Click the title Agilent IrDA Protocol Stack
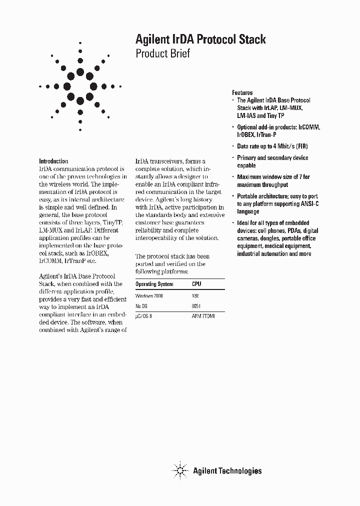tap(200, 39)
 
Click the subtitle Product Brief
tap(162, 54)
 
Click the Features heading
tap(242, 93)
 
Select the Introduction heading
tap(53, 161)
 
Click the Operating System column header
tap(154, 284)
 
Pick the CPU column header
tap(197, 284)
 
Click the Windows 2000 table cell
tap(149, 296)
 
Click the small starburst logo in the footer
tap(179, 470)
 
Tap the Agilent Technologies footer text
tap(227, 470)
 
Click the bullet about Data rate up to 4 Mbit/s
tap(272, 146)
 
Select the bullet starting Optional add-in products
tap(278, 131)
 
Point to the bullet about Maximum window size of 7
tap(273, 180)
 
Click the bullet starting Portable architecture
tap(277, 204)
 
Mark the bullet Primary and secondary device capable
tap(272, 161)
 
